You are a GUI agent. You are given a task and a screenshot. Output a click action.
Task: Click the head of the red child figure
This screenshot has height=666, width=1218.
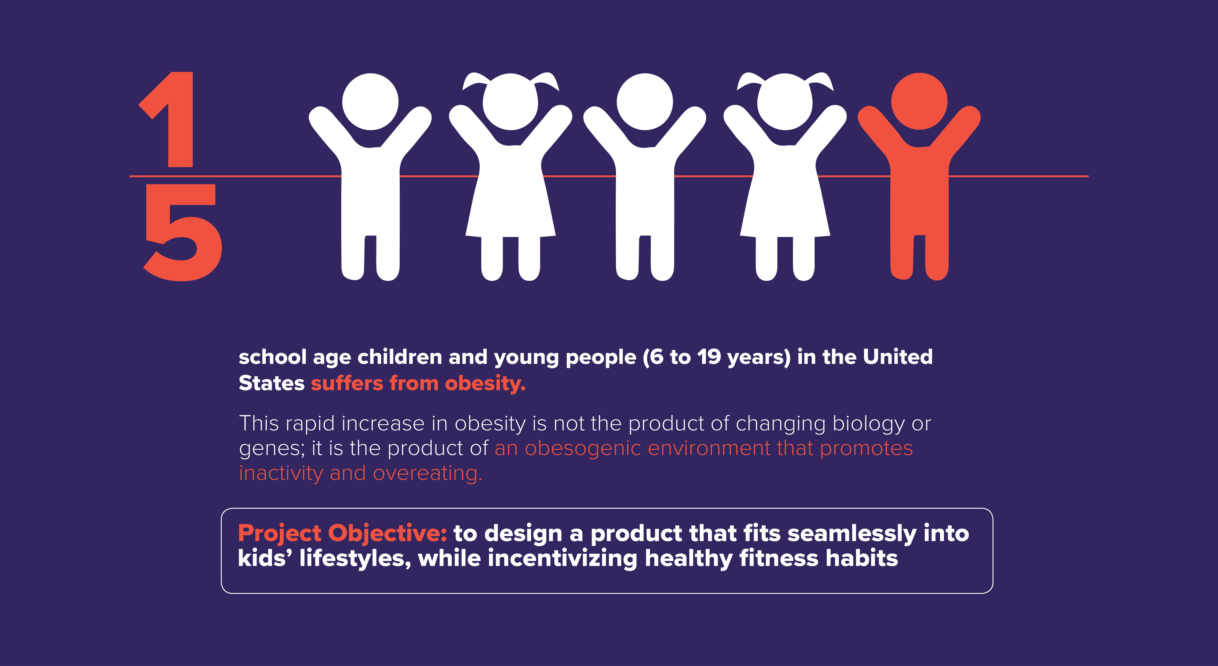pyautogui.click(x=919, y=101)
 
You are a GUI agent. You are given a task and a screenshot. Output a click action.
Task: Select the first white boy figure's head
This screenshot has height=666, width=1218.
pyautogui.click(x=370, y=101)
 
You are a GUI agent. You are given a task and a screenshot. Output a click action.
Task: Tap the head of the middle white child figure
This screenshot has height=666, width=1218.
pyautogui.click(x=645, y=101)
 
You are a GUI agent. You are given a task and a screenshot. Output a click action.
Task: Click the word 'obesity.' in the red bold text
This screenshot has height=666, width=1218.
pyautogui.click(x=485, y=384)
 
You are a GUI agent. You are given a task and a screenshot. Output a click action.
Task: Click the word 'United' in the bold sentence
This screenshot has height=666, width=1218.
pyautogui.click(x=898, y=357)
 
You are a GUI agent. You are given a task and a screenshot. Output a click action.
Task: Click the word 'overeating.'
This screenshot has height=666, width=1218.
pyautogui.click(x=428, y=473)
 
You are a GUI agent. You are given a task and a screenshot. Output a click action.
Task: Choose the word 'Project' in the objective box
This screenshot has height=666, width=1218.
pyautogui.click(x=279, y=534)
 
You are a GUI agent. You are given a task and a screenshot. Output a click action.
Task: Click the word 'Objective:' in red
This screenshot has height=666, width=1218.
pyautogui.click(x=388, y=534)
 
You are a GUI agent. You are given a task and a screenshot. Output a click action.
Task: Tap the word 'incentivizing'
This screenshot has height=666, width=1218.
pyautogui.click(x=563, y=559)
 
